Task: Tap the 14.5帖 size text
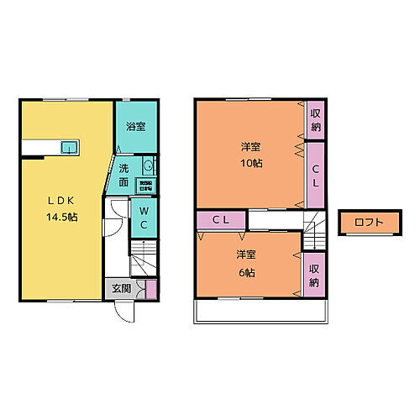(62, 217)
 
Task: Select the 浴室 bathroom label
(135, 128)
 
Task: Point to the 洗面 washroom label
(123, 175)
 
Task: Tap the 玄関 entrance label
(121, 289)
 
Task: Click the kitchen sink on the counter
(67, 149)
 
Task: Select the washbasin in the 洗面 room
(149, 165)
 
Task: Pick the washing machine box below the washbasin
(146, 186)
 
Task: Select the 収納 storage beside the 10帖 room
(315, 121)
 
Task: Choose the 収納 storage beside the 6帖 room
(314, 274)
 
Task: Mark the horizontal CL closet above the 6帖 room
(222, 219)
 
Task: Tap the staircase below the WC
(144, 255)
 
